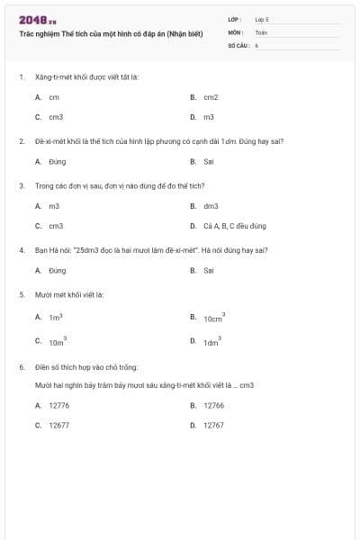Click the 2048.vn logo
pyautogui.click(x=37, y=20)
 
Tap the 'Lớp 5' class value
pyautogui.click(x=262, y=18)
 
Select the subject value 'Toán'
pyautogui.click(x=261, y=31)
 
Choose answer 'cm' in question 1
pyautogui.click(x=54, y=97)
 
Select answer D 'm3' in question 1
pyautogui.click(x=209, y=117)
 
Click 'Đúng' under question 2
pyautogui.click(x=58, y=162)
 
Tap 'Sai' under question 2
pyautogui.click(x=209, y=162)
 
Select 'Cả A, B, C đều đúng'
pyautogui.click(x=235, y=226)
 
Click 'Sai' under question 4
pyautogui.click(x=209, y=270)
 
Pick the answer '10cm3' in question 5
pyautogui.click(x=213, y=319)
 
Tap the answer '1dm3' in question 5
pyautogui.click(x=211, y=343)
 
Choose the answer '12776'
pyautogui.click(x=58, y=406)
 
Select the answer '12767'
pyautogui.click(x=213, y=425)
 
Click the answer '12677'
pyautogui.click(x=58, y=425)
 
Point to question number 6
pyautogui.click(x=21, y=367)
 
